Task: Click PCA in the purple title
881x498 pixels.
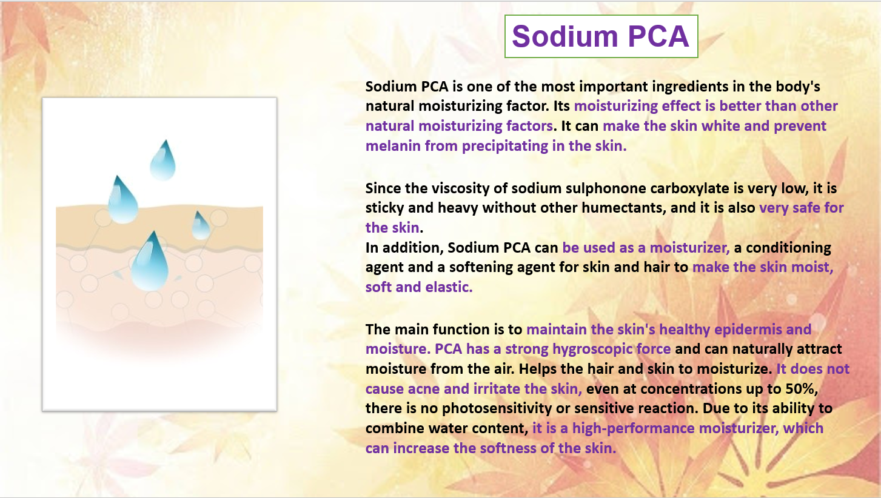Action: point(658,36)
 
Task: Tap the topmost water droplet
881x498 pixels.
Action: point(163,160)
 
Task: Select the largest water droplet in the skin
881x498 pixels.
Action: point(149,261)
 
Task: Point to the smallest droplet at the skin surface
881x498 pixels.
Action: point(200,225)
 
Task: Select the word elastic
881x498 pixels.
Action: point(449,287)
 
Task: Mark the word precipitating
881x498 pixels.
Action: point(505,146)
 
